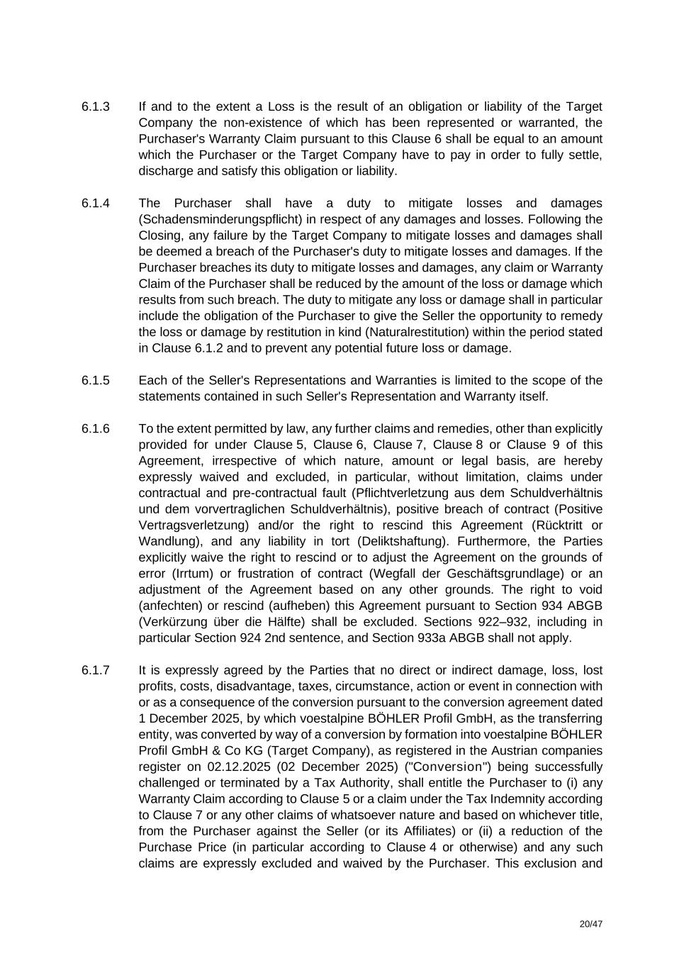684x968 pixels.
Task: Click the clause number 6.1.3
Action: click(96, 106)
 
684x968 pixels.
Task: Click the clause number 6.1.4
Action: click(96, 204)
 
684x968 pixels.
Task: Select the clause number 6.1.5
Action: click(96, 380)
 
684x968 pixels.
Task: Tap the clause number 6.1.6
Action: click(96, 428)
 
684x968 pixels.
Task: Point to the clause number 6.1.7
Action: click(96, 670)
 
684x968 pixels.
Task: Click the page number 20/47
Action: click(590, 925)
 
